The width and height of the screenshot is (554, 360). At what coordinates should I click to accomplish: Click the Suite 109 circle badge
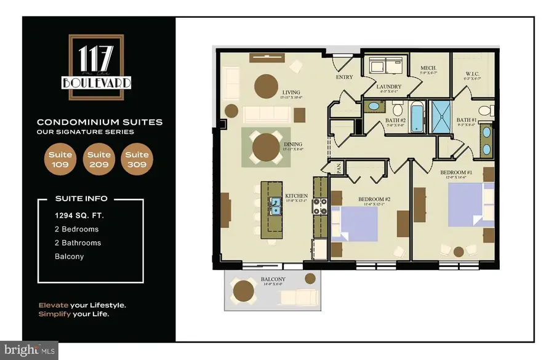pos(60,159)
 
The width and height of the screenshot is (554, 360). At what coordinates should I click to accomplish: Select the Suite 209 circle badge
pos(98,159)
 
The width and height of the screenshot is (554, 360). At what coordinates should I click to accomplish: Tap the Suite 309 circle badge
pos(137,159)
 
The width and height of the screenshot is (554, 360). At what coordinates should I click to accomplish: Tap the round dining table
pos(266,146)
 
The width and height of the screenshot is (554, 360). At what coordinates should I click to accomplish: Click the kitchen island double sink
pos(275,210)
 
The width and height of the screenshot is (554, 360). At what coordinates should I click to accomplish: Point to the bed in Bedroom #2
pos(351,225)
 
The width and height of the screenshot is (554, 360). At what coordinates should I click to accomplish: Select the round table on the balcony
pos(244,288)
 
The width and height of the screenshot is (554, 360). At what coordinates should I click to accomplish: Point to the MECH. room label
pos(428,68)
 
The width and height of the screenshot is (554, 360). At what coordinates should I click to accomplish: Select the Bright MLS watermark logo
pos(30,350)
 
